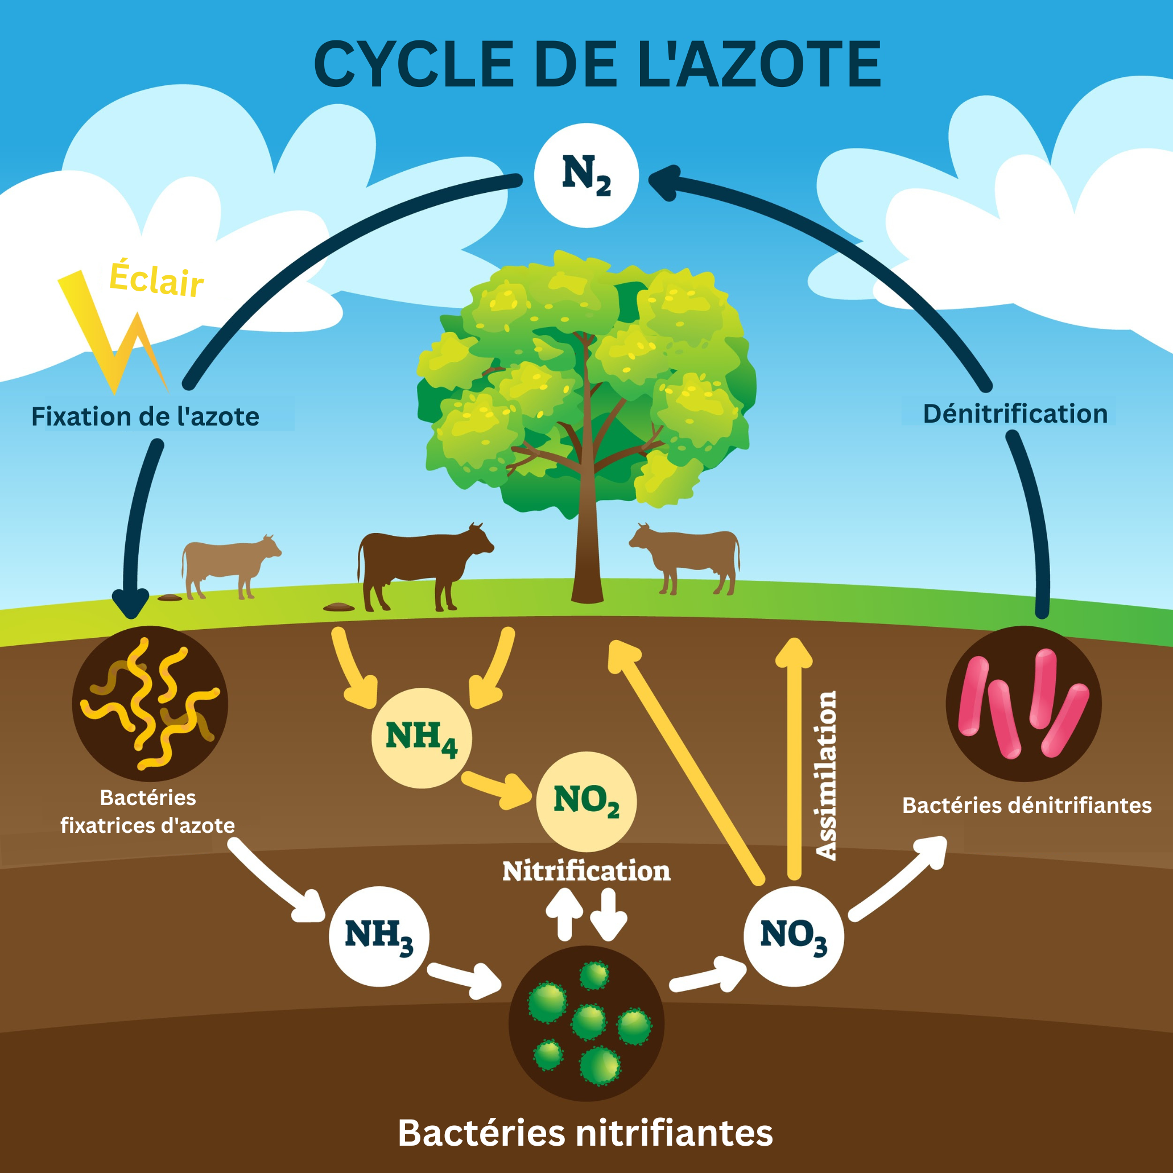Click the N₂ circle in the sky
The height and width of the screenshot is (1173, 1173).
(586, 175)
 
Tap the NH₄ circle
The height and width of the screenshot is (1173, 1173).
(422, 738)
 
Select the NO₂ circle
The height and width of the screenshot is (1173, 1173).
(586, 801)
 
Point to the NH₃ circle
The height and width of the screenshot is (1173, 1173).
(379, 936)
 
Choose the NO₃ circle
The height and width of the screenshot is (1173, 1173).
(793, 936)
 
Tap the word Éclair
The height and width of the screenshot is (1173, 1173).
(156, 280)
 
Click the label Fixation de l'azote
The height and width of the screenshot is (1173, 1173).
(145, 416)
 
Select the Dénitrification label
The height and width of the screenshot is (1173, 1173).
(1015, 414)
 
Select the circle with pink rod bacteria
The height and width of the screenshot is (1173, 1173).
(1023, 704)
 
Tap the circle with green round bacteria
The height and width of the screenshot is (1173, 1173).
(586, 1023)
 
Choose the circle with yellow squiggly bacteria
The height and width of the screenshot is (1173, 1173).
(150, 704)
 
